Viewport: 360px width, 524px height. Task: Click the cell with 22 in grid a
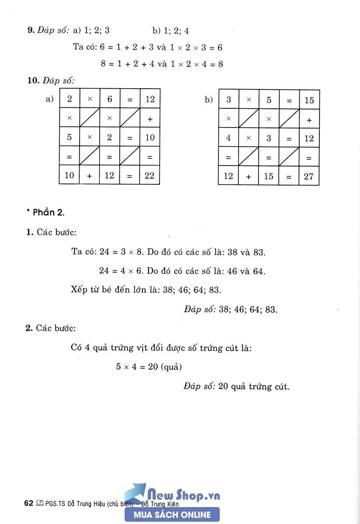150,176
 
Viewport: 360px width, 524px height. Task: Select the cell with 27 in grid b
309,176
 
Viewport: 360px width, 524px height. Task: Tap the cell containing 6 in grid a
110,99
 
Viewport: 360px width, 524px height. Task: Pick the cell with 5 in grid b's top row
269,100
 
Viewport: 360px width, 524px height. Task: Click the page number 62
29,503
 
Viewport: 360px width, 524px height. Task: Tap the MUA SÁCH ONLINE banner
172,515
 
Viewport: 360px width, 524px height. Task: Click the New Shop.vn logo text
183,495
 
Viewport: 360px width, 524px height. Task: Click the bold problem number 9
30,31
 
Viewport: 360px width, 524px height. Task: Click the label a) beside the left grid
49,99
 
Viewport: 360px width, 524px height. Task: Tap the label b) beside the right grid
209,100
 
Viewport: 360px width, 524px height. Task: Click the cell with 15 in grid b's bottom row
269,176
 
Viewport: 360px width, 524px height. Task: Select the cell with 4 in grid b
228,138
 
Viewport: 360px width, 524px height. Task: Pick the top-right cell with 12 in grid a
150,99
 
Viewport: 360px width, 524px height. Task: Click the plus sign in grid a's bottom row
90,176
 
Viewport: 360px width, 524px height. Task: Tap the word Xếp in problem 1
79,289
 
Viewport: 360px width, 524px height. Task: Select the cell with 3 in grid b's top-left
228,100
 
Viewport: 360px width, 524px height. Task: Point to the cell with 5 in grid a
69,137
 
